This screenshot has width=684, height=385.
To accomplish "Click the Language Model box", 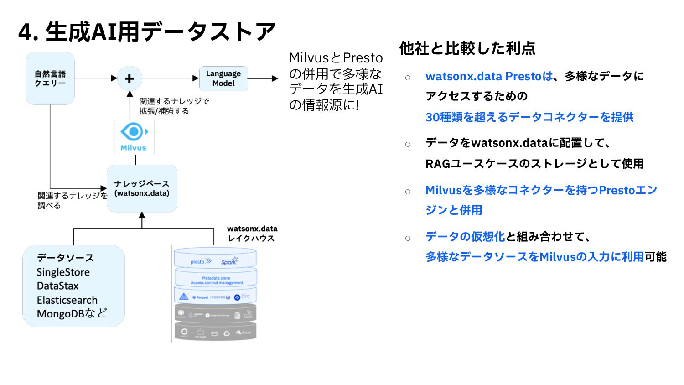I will point(223,78).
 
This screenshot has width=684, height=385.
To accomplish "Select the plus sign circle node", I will point(130,78).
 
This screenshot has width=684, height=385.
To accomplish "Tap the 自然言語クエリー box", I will point(50,78).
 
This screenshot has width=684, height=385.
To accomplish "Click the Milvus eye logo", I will point(134,132).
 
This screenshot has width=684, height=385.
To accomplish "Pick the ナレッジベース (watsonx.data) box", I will point(142,188).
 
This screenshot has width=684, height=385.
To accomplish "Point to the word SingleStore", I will point(63,272).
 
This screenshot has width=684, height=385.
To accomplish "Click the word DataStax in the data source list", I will point(57,286).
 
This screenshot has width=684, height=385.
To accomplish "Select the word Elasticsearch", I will point(67,300).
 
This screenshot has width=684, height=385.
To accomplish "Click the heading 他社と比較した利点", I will point(467,48).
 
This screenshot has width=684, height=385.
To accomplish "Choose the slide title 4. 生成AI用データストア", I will point(147,32).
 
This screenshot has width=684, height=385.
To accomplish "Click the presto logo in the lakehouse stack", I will point(201,261).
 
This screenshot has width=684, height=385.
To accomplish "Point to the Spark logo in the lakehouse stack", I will point(229,261).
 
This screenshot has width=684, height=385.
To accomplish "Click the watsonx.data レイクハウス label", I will point(252,234).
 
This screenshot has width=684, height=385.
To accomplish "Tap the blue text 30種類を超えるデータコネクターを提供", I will point(529,117).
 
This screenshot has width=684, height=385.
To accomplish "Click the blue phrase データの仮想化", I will point(465,236).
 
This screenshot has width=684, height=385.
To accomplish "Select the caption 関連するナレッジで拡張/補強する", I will point(174,106).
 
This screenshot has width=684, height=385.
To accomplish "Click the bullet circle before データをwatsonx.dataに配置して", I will point(408,144).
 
